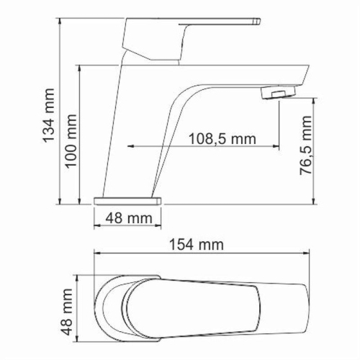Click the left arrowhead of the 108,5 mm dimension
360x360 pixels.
(131, 147)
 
